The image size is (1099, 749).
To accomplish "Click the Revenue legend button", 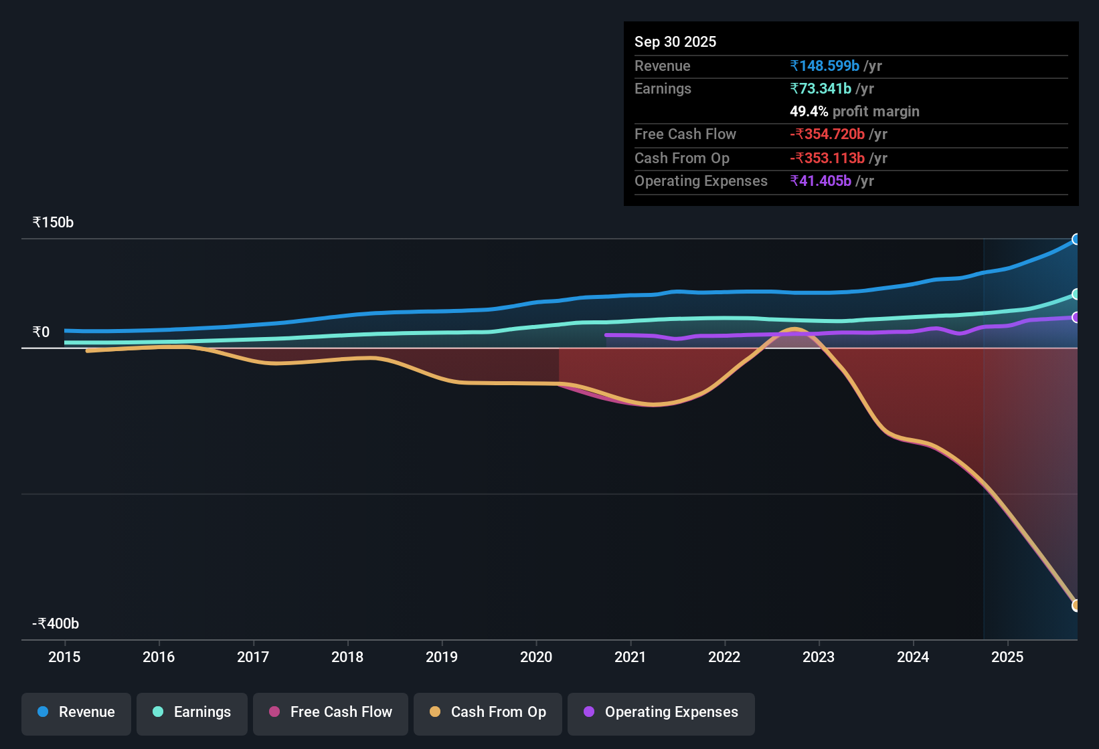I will click(76, 712).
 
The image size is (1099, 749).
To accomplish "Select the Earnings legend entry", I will click(192, 712).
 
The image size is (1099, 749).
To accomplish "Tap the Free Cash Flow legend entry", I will click(331, 712).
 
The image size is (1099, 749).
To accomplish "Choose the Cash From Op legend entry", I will click(488, 712).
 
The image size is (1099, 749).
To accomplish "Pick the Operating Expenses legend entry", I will click(661, 712).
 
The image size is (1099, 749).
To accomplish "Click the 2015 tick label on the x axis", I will click(64, 657).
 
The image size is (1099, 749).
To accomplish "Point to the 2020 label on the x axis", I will click(536, 657).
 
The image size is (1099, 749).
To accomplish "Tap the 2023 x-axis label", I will click(819, 657).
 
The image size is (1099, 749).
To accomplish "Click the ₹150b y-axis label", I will click(53, 223).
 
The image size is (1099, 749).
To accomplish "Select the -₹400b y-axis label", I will click(56, 624).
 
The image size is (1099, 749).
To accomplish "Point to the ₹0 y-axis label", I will click(41, 332).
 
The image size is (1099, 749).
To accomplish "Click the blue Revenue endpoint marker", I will click(1076, 239).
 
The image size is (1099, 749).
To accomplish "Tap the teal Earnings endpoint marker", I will click(1076, 294).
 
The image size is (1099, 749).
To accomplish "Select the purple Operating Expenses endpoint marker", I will click(1076, 318).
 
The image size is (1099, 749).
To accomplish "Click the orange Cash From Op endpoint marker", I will click(1076, 605).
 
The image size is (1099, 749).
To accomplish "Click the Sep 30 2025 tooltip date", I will click(675, 41).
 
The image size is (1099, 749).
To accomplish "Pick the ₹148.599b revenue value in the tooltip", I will click(825, 66).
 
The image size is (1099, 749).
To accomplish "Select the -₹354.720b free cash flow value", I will click(827, 134).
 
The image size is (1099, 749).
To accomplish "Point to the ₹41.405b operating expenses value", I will click(821, 181).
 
